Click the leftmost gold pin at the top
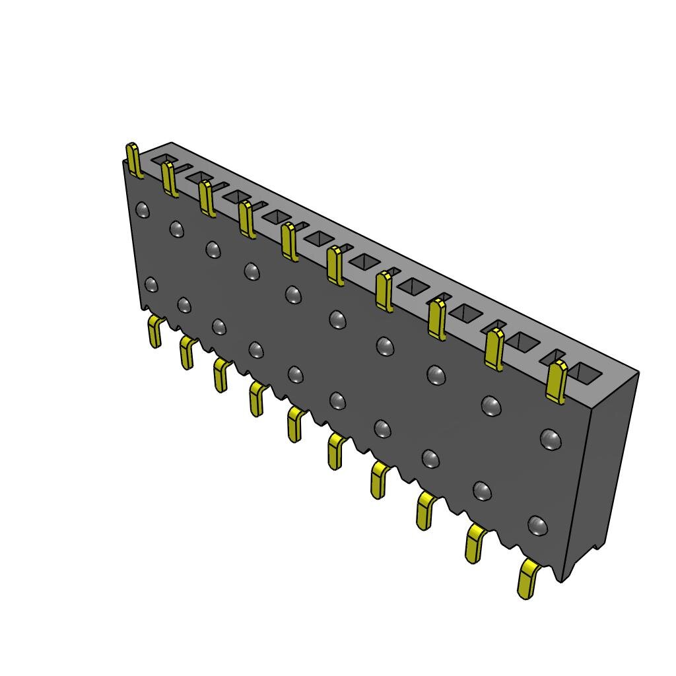134,160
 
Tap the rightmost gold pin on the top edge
557,382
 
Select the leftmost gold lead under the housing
155,331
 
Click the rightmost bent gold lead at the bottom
527,579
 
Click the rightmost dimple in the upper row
550,438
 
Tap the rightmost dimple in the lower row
538,525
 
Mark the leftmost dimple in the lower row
151,285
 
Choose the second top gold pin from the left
169,179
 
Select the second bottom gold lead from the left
187,352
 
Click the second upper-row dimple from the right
490,405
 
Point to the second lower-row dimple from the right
482,490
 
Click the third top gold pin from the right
436,319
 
